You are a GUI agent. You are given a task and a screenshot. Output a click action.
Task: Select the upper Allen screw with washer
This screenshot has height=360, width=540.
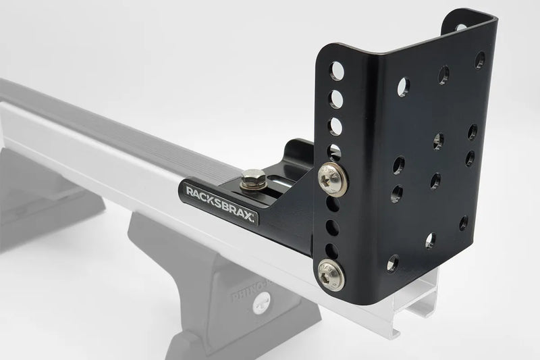pyautogui.click(x=332, y=177)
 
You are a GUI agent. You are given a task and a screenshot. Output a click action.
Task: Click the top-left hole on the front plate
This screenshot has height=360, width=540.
pyautogui.click(x=403, y=86)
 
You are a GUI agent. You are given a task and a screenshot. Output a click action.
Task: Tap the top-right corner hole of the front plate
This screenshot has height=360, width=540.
pyautogui.click(x=480, y=59)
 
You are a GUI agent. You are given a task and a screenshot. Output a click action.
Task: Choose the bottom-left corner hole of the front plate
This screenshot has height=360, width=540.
pyautogui.click(x=393, y=263)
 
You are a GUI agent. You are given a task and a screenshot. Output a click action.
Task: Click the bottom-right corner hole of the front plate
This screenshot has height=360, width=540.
pyautogui.click(x=463, y=222)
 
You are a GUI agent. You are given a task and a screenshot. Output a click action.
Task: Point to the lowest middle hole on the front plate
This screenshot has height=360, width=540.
pyautogui.click(x=430, y=239)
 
